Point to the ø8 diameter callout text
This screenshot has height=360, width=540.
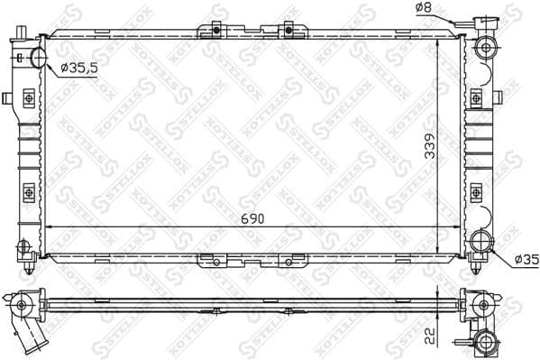click(x=425, y=9)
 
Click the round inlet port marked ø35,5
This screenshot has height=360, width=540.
click(x=40, y=59)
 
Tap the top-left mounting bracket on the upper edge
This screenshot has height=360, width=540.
click(x=217, y=32)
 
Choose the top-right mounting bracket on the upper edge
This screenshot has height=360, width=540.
click(x=289, y=32)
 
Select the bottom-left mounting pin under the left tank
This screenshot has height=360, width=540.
click(x=32, y=268)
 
